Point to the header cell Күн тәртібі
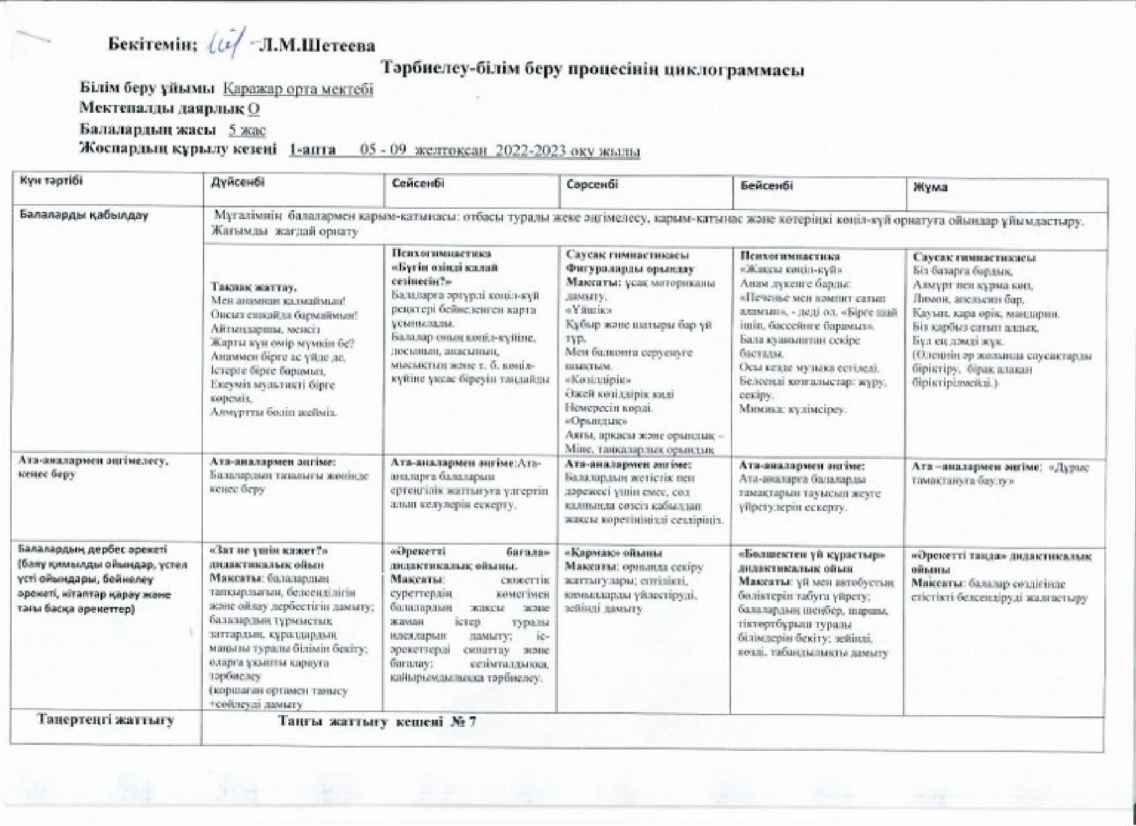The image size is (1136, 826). pos(51,181)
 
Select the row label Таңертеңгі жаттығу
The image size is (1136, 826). pos(106,720)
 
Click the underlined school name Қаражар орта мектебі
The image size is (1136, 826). pos(298,89)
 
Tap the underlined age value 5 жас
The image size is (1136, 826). pos(248,130)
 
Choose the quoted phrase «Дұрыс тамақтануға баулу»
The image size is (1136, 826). pos(1001,474)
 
